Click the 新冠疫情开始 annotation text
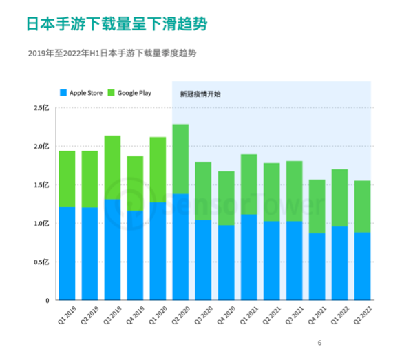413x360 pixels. (x=200, y=93)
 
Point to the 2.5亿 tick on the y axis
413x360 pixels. (x=42, y=108)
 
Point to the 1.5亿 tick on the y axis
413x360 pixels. (x=42, y=185)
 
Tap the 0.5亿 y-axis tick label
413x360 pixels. (x=42, y=262)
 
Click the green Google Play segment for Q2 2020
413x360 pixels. (x=180, y=159)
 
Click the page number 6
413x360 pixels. (x=319, y=343)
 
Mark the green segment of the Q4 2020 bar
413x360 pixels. (x=225, y=198)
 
